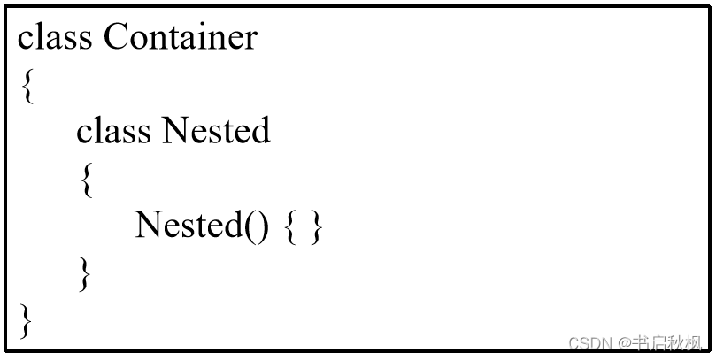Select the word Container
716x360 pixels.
click(181, 37)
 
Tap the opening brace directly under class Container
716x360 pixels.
click(27, 86)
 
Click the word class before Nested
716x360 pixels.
click(113, 132)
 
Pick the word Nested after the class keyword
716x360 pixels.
click(216, 132)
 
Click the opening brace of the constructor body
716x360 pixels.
click(290, 227)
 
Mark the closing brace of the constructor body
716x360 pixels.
click(317, 227)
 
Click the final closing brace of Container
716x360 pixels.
click(27, 320)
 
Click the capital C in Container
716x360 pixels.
click(116, 37)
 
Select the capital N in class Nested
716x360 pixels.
click(174, 132)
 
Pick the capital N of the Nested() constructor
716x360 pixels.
click(146, 226)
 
